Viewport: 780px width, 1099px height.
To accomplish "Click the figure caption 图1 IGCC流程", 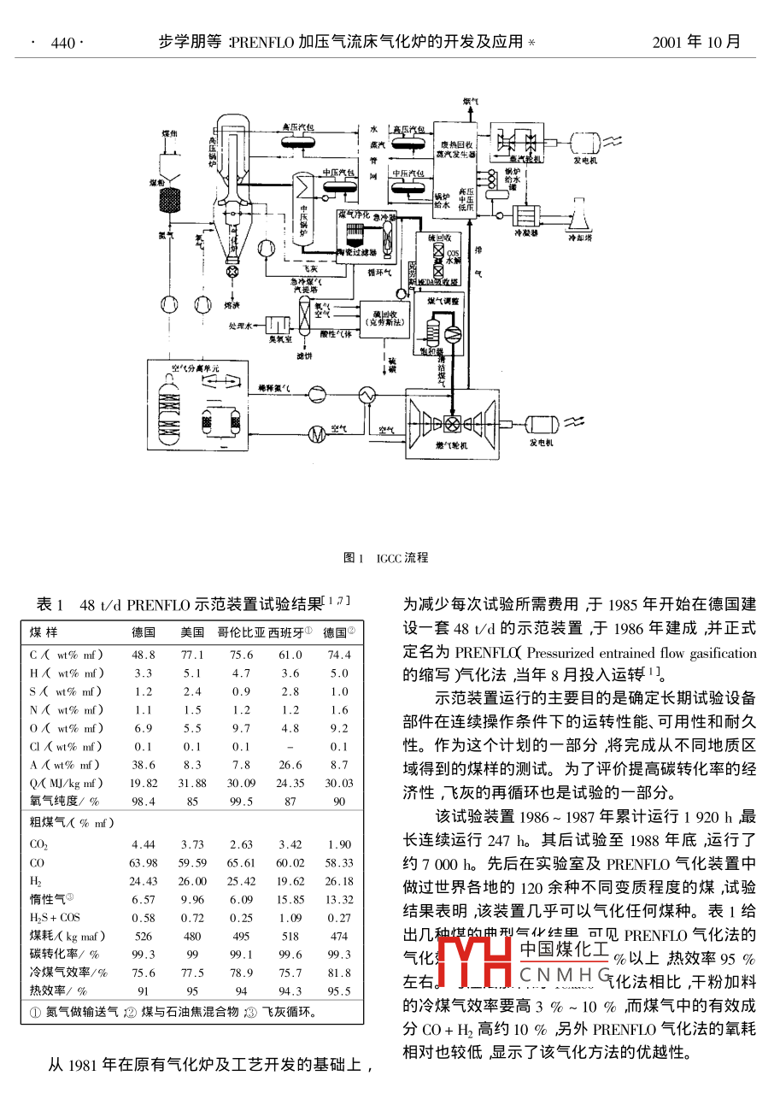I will click(385, 558).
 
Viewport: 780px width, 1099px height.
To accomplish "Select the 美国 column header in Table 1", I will click(192, 632).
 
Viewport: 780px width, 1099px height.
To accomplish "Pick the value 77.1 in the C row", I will click(192, 655).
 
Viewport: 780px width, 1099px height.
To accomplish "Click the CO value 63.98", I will click(143, 862).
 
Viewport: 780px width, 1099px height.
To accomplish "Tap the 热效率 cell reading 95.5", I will click(338, 991).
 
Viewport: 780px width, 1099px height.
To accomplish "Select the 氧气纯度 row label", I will click(66, 801).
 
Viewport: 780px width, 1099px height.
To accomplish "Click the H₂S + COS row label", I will click(56, 918).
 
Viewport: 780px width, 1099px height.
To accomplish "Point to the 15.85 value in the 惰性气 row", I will click(290, 899).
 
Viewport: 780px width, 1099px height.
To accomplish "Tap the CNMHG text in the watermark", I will click(565, 975).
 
